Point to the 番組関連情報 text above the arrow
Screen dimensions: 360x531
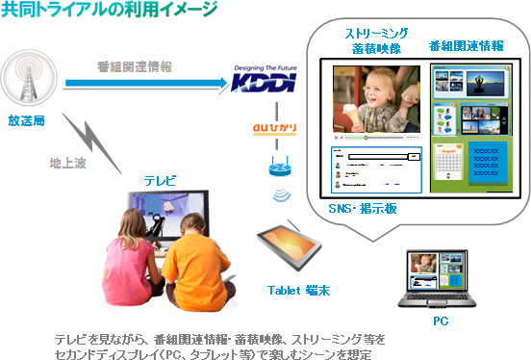coord(135,67)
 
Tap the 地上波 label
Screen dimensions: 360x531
coord(65,163)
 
